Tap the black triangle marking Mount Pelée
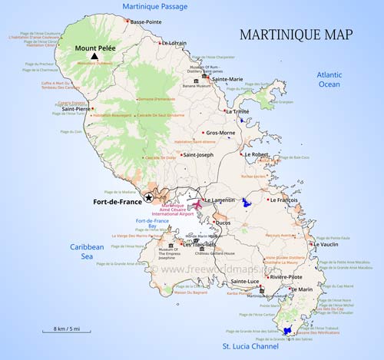(94, 57)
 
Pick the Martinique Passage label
(151, 7)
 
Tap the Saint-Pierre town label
(74, 109)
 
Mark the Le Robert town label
(257, 154)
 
